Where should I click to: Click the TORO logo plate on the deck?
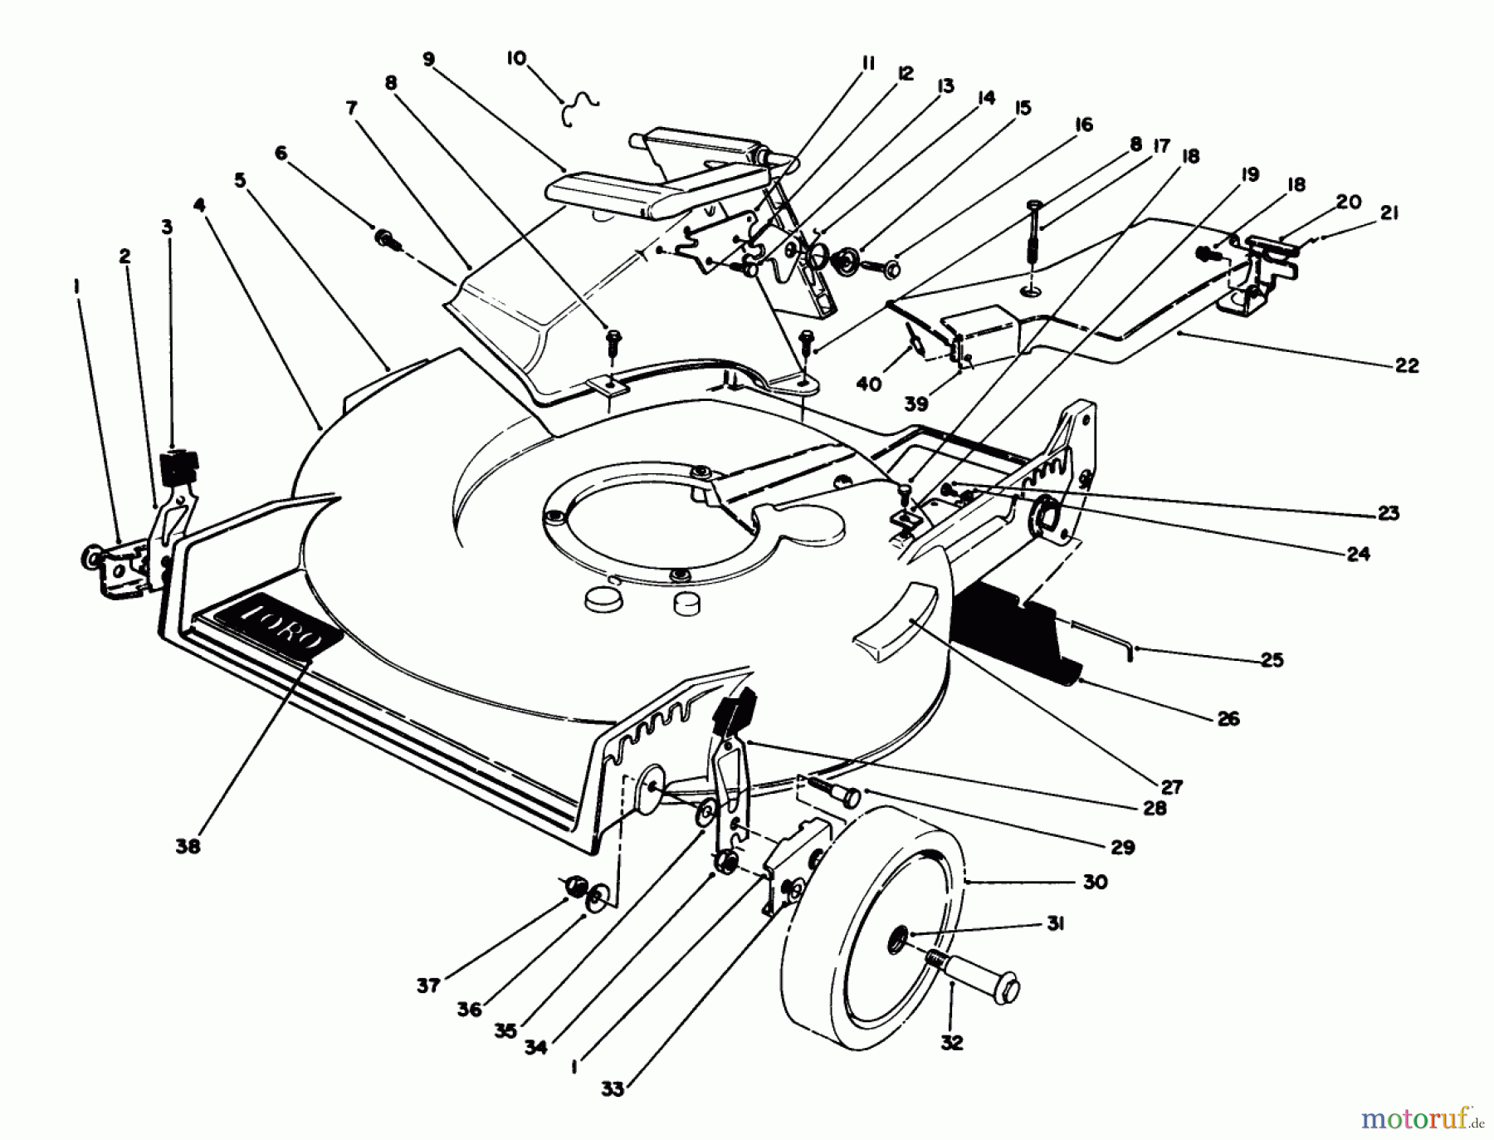click(282, 629)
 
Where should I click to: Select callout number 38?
click(188, 846)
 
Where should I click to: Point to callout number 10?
click(516, 59)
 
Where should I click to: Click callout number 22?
click(1407, 365)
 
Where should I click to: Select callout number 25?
click(1272, 660)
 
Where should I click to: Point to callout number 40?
click(869, 384)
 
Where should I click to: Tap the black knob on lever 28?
click(734, 712)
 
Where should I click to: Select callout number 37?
click(428, 986)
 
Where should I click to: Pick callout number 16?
click(1083, 125)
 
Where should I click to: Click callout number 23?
click(1389, 512)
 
